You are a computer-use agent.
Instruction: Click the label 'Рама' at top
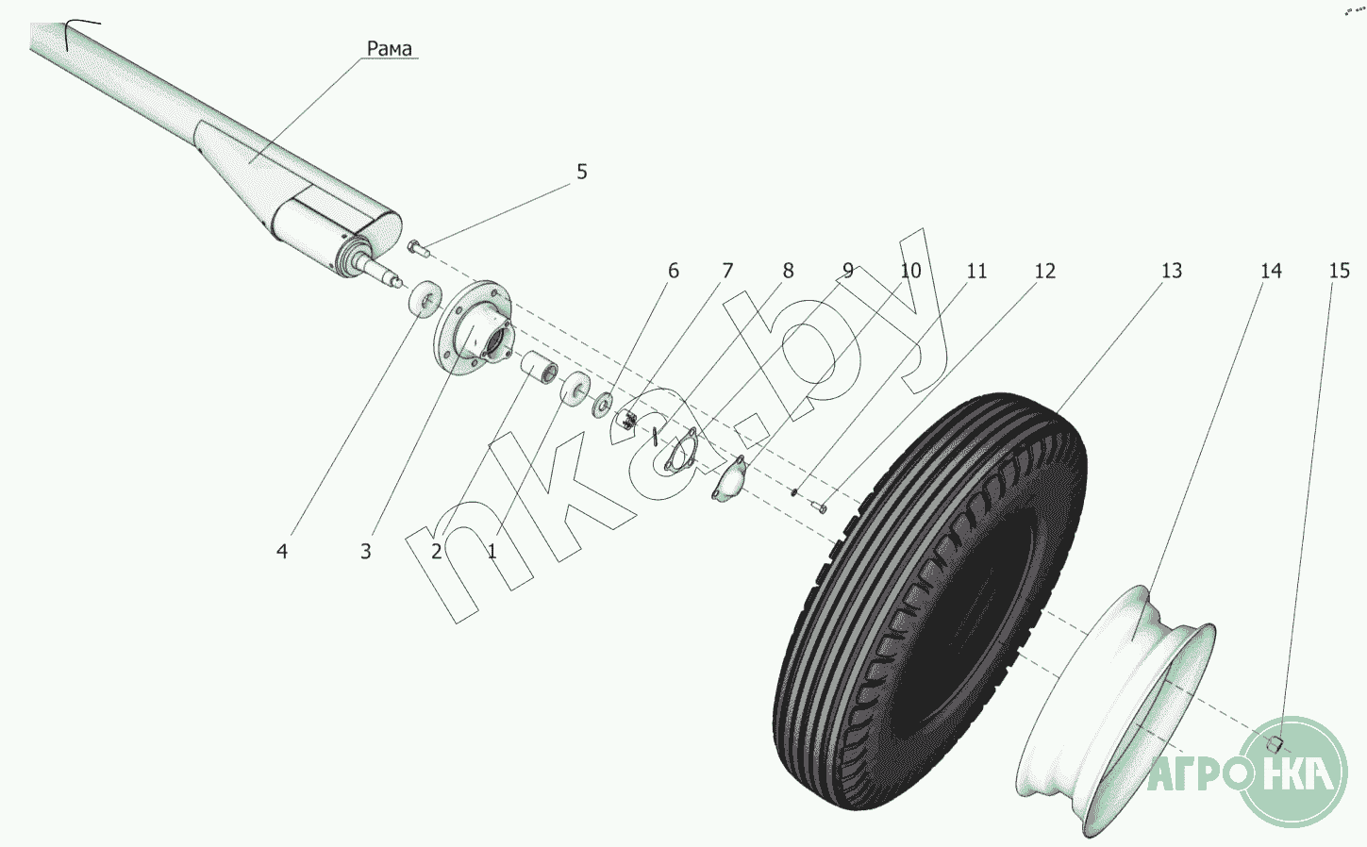click(390, 48)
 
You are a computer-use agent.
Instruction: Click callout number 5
click(581, 172)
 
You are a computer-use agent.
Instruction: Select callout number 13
click(1171, 271)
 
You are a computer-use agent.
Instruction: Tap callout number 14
click(1271, 271)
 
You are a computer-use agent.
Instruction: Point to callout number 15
click(1340, 271)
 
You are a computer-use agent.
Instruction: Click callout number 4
click(281, 552)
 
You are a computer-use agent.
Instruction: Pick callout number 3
click(365, 552)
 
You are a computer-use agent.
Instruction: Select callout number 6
click(674, 271)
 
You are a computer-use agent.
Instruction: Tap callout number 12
click(1044, 271)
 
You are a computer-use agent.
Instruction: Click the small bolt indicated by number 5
click(418, 247)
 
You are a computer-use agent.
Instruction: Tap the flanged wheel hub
click(474, 327)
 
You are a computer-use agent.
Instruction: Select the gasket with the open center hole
click(680, 452)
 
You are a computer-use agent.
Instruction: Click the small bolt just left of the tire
click(819, 506)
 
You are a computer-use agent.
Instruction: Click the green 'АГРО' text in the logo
click(1193, 775)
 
